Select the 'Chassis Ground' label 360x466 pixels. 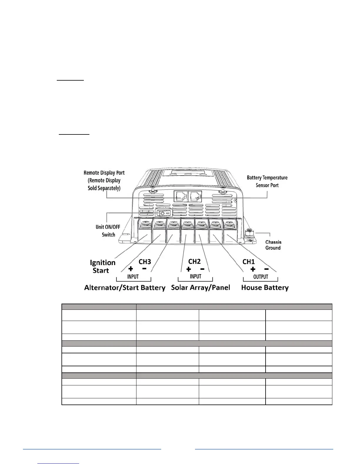point(273,245)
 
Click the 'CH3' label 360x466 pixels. point(145,262)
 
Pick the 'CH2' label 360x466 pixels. point(194,261)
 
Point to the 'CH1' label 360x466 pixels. point(249,261)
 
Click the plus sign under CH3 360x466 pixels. point(131,269)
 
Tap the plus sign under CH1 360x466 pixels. point(252,269)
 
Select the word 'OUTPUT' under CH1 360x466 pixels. point(261,277)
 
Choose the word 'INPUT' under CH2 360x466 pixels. point(195,277)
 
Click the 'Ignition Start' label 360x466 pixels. point(102,267)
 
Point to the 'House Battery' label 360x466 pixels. point(265,288)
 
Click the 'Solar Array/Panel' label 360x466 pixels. point(201,288)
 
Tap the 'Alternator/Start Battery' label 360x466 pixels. point(125,288)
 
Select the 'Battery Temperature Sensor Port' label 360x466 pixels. point(267,182)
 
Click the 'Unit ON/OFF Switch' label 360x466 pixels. point(108,231)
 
